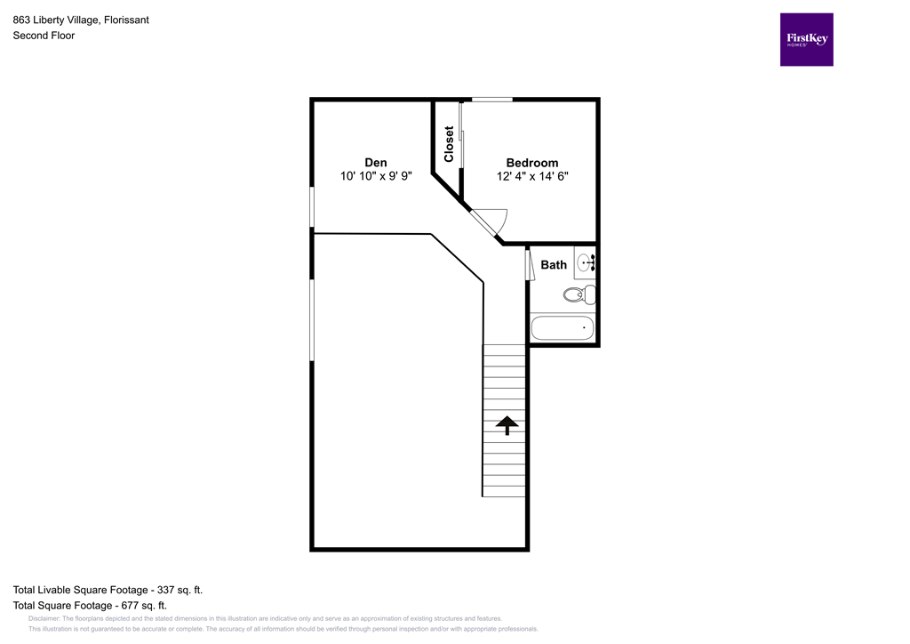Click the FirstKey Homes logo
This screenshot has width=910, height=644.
click(x=806, y=39)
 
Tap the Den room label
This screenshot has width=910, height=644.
click(x=376, y=162)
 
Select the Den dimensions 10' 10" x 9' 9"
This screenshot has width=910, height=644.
click(x=376, y=176)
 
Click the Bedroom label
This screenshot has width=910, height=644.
click(x=531, y=163)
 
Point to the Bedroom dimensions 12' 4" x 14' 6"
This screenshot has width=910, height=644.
click(x=531, y=176)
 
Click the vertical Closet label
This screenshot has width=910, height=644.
click(x=449, y=143)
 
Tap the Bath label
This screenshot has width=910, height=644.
click(x=554, y=264)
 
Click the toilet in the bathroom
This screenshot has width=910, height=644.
click(x=579, y=294)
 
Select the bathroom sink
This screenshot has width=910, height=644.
click(x=586, y=262)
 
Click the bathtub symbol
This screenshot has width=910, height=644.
click(x=562, y=327)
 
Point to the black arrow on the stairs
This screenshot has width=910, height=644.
click(x=507, y=425)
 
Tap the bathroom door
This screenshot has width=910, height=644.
click(x=529, y=266)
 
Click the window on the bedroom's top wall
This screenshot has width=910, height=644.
click(x=491, y=99)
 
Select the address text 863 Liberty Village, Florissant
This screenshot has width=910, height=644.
click(x=81, y=20)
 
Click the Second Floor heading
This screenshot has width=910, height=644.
click(x=44, y=36)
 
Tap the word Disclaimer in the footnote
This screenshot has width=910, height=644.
click(x=44, y=618)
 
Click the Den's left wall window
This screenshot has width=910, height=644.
click(x=312, y=206)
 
